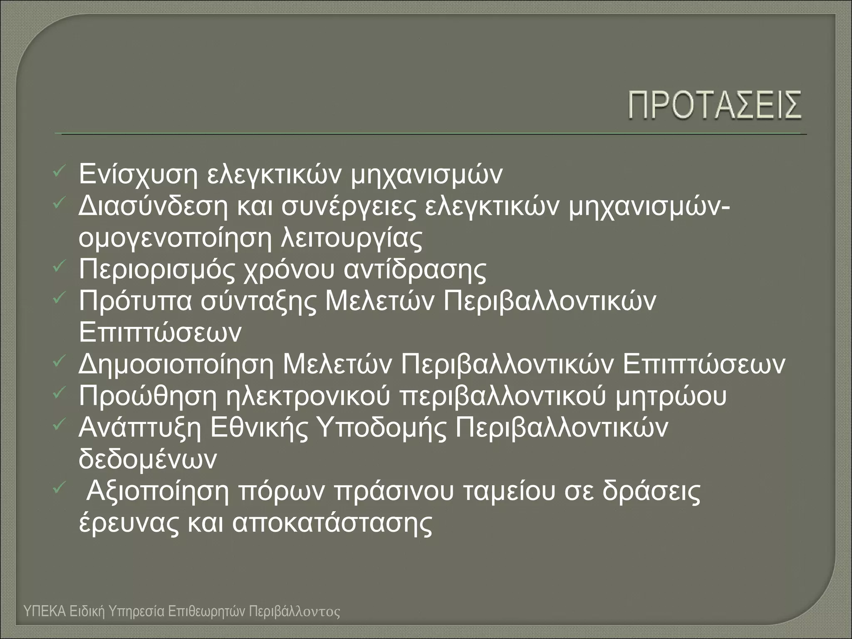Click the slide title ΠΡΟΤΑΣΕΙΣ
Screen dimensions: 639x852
point(715,106)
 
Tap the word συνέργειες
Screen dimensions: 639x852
point(349,208)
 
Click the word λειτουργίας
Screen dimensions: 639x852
point(352,238)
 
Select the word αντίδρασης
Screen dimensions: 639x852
point(415,270)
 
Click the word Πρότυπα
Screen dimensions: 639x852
point(135,301)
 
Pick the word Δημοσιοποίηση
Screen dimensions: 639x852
point(176,365)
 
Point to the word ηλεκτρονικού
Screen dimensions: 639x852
point(308,396)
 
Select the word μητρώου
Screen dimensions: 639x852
point(670,396)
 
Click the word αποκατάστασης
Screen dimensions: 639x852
point(332,523)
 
